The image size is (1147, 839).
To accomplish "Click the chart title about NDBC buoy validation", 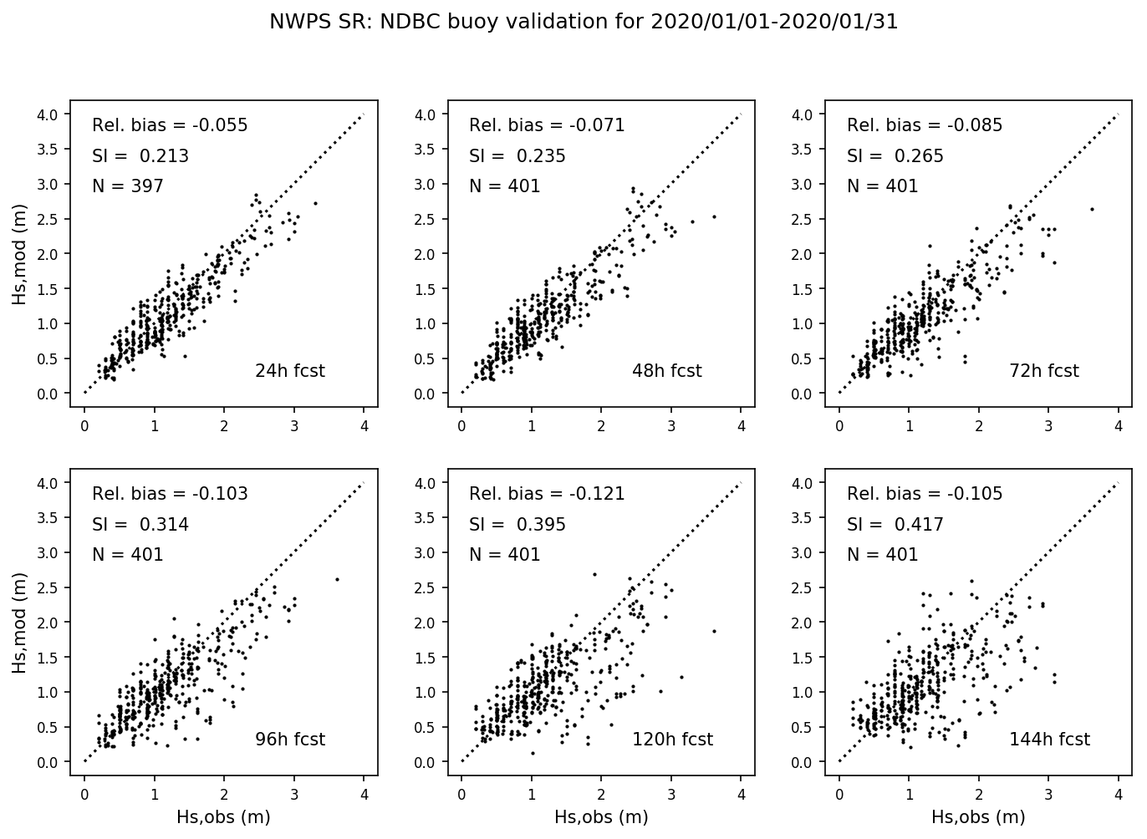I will [x=583, y=23].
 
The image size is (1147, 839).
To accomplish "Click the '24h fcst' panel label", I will [x=289, y=371].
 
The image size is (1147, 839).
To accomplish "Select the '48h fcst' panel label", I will [x=666, y=371].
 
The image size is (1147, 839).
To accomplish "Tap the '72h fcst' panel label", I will [x=1044, y=371].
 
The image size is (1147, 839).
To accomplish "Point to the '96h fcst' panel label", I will [x=289, y=740].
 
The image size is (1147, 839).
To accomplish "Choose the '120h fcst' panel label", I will [x=672, y=740].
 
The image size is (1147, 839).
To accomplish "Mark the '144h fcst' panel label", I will [x=1049, y=740].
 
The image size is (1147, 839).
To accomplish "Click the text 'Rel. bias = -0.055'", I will [x=170, y=126].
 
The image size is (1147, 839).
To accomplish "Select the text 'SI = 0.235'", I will [x=517, y=156].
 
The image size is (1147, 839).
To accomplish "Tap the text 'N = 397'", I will [x=127, y=186].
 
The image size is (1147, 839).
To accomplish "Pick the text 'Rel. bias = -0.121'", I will [x=547, y=494].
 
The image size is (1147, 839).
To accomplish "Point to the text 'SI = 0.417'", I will [x=895, y=525].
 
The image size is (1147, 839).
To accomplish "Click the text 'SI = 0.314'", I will [x=140, y=525].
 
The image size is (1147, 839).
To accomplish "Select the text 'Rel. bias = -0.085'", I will [x=925, y=126].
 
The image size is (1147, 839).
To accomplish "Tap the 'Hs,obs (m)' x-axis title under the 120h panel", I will [x=601, y=817].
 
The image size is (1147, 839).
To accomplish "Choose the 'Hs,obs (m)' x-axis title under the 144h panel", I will [x=978, y=817].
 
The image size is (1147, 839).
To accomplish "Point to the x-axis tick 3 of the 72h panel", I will [x=1048, y=426].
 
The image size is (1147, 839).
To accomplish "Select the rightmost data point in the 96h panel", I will [x=337, y=579].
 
